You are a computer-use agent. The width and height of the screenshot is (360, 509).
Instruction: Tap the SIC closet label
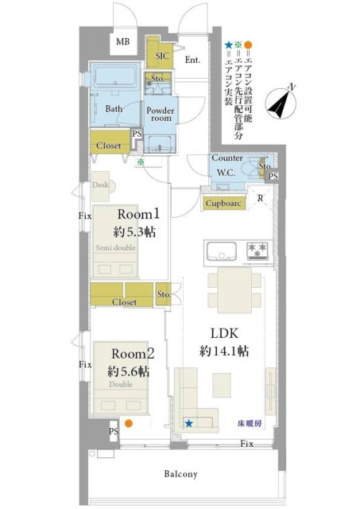point(161,56)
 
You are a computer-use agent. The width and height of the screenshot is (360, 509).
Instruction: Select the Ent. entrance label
point(192,60)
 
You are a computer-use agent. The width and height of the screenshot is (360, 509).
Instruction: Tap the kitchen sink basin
point(222,251)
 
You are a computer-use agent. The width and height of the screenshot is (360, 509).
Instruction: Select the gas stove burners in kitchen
point(257,250)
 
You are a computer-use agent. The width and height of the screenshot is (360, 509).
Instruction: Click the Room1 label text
point(140,214)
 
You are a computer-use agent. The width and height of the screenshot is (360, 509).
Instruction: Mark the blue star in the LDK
point(189,424)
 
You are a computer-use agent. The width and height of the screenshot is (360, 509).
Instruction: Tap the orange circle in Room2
point(128,424)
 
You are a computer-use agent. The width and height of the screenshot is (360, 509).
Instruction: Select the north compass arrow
point(280,103)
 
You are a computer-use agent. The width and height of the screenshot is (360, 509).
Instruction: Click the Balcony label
point(181,474)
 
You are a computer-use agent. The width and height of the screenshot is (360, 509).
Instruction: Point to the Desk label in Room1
point(100,185)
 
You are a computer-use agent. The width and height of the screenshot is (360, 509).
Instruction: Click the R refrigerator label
point(261,199)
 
